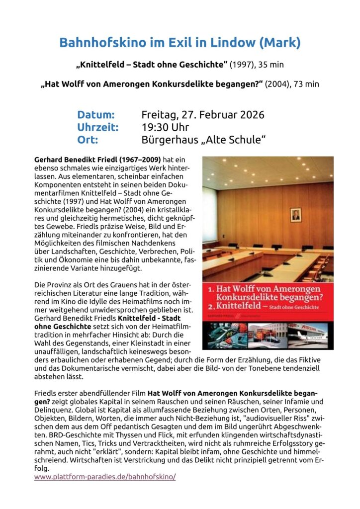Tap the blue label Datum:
pos(96,115)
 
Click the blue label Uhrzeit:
pos(98,127)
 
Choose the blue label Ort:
pos(87,140)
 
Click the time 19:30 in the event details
pos(155,127)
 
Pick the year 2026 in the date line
pos(248,115)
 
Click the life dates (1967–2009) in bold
pos(137,160)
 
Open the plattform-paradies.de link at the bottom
pos(105,476)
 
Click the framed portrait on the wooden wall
pos(296,215)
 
